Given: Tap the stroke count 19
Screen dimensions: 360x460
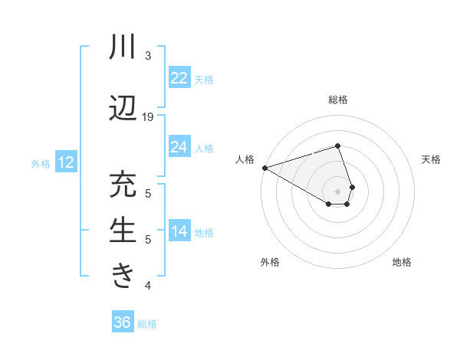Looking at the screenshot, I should tap(148, 116).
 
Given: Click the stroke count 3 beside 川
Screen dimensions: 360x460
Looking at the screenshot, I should tap(148, 56).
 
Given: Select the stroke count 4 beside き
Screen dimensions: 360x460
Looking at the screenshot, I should tap(148, 286).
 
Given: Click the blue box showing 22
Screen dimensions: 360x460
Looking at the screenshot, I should tap(179, 77).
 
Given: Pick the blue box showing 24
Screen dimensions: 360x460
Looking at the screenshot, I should tap(179, 146).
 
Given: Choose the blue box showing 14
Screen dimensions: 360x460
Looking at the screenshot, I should tap(179, 231).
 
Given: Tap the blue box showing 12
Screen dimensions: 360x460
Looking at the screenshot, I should tap(66, 162).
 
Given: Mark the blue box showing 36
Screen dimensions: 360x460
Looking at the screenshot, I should tap(123, 322).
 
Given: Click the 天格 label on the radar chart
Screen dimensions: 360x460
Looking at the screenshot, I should tap(432, 159).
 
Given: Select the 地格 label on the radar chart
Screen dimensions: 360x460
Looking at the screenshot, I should tap(402, 262).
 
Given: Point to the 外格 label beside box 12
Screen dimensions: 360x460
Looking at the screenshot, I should tap(41, 163).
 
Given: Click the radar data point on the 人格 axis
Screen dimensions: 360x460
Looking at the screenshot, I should tap(264, 168).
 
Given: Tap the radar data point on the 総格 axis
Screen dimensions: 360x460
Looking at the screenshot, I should tap(337, 146).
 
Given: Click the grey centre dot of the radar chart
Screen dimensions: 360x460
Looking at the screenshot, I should tap(337, 190).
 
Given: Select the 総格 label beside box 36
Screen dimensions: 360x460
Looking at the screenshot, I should tap(147, 323).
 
